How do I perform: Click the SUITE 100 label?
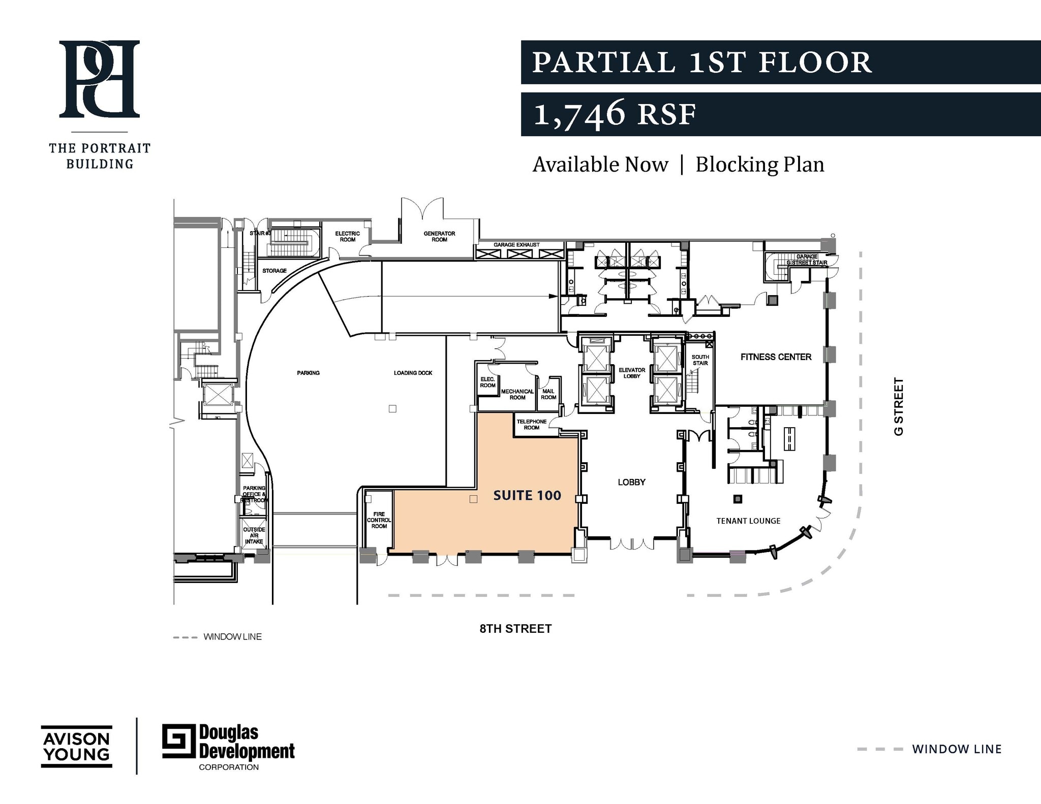[527, 495]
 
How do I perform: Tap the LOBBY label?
[631, 482]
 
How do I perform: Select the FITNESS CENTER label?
[776, 357]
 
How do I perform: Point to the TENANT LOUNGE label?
[748, 521]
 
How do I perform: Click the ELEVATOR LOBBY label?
[632, 373]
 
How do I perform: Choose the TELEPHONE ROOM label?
[532, 425]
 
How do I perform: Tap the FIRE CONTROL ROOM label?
[379, 520]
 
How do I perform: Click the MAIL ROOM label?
[548, 394]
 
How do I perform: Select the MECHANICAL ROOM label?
[517, 394]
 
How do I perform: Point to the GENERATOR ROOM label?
[439, 237]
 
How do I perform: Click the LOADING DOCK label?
[413, 373]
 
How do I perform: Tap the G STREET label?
[899, 406]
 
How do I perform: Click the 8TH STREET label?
[515, 629]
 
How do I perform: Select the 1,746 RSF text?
[614, 114]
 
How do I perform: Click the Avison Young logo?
[76, 746]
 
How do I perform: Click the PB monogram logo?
[100, 79]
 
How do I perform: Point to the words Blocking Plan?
[759, 165]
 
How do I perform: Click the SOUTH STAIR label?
[700, 360]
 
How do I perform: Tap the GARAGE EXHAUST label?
[516, 245]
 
